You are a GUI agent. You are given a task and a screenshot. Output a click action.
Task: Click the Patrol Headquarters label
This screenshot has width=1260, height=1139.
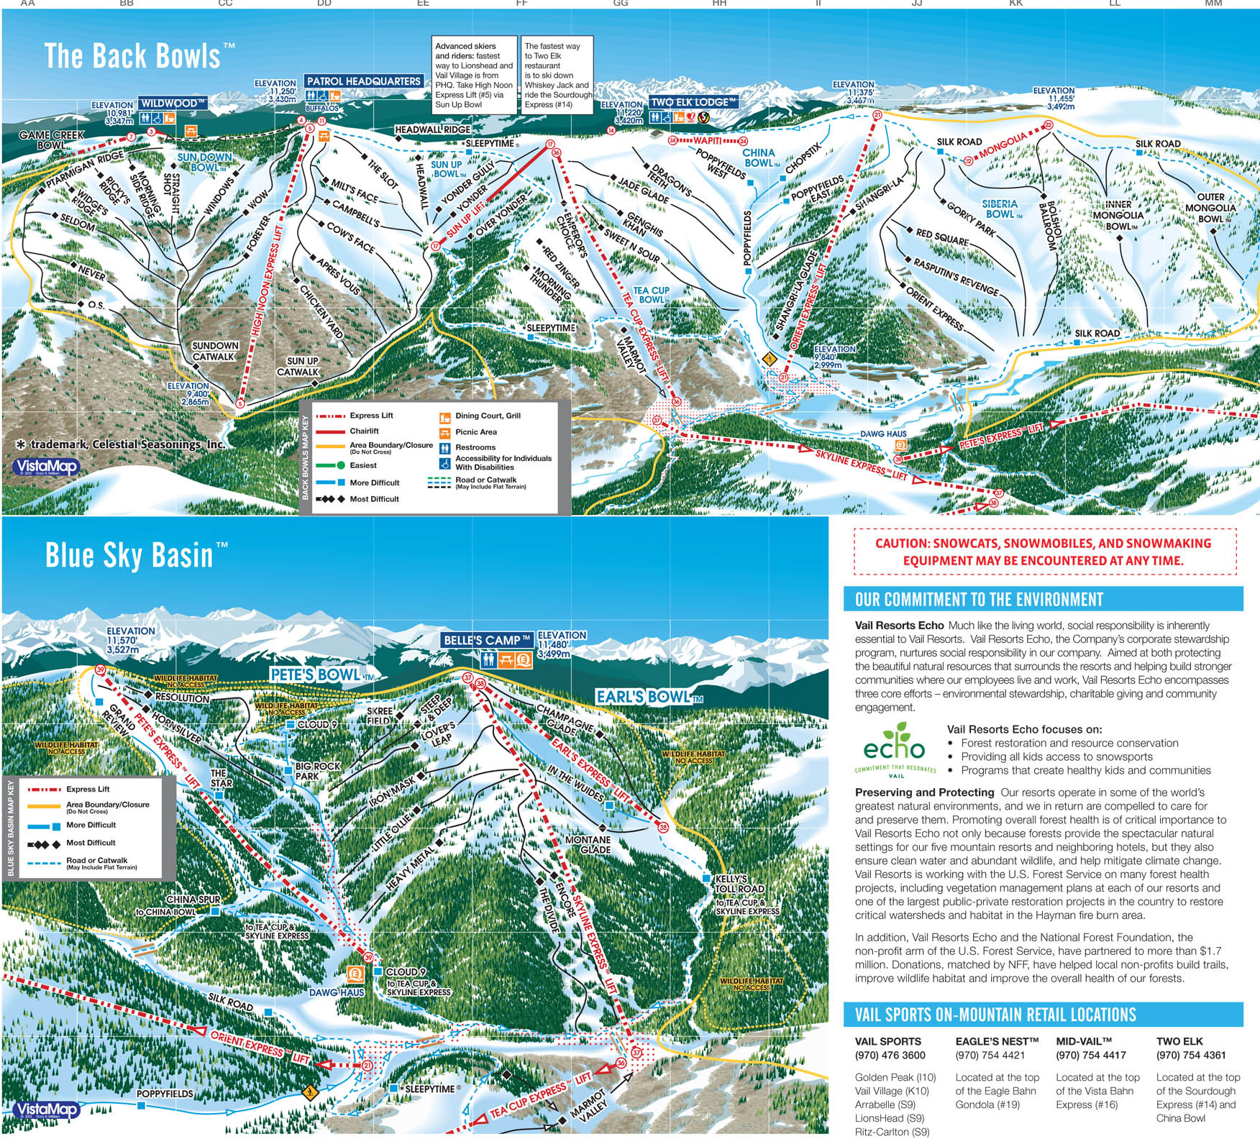tap(364, 81)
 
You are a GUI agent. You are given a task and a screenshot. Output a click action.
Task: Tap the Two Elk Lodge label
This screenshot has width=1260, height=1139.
tap(693, 102)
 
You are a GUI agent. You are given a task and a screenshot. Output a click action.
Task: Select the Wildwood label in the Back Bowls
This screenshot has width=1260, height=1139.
tap(173, 104)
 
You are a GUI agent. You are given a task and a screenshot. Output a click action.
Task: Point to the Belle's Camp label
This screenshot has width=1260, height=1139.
tap(487, 640)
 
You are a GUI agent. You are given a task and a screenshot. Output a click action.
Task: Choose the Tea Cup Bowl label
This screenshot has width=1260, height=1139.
tap(652, 295)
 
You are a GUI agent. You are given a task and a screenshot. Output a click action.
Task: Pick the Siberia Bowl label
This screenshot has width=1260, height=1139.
tap(1000, 209)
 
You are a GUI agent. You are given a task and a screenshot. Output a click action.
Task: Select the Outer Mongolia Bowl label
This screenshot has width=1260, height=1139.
tap(1210, 208)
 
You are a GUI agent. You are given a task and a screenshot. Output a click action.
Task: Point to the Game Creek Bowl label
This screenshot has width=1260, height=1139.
tap(51, 139)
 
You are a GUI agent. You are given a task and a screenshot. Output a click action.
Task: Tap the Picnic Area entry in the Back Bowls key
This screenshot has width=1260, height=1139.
tap(475, 432)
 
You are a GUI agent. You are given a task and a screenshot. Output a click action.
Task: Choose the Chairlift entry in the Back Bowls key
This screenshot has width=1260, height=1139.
tap(364, 431)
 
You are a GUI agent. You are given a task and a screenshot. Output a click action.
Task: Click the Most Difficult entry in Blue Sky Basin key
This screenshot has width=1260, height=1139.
tap(91, 843)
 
